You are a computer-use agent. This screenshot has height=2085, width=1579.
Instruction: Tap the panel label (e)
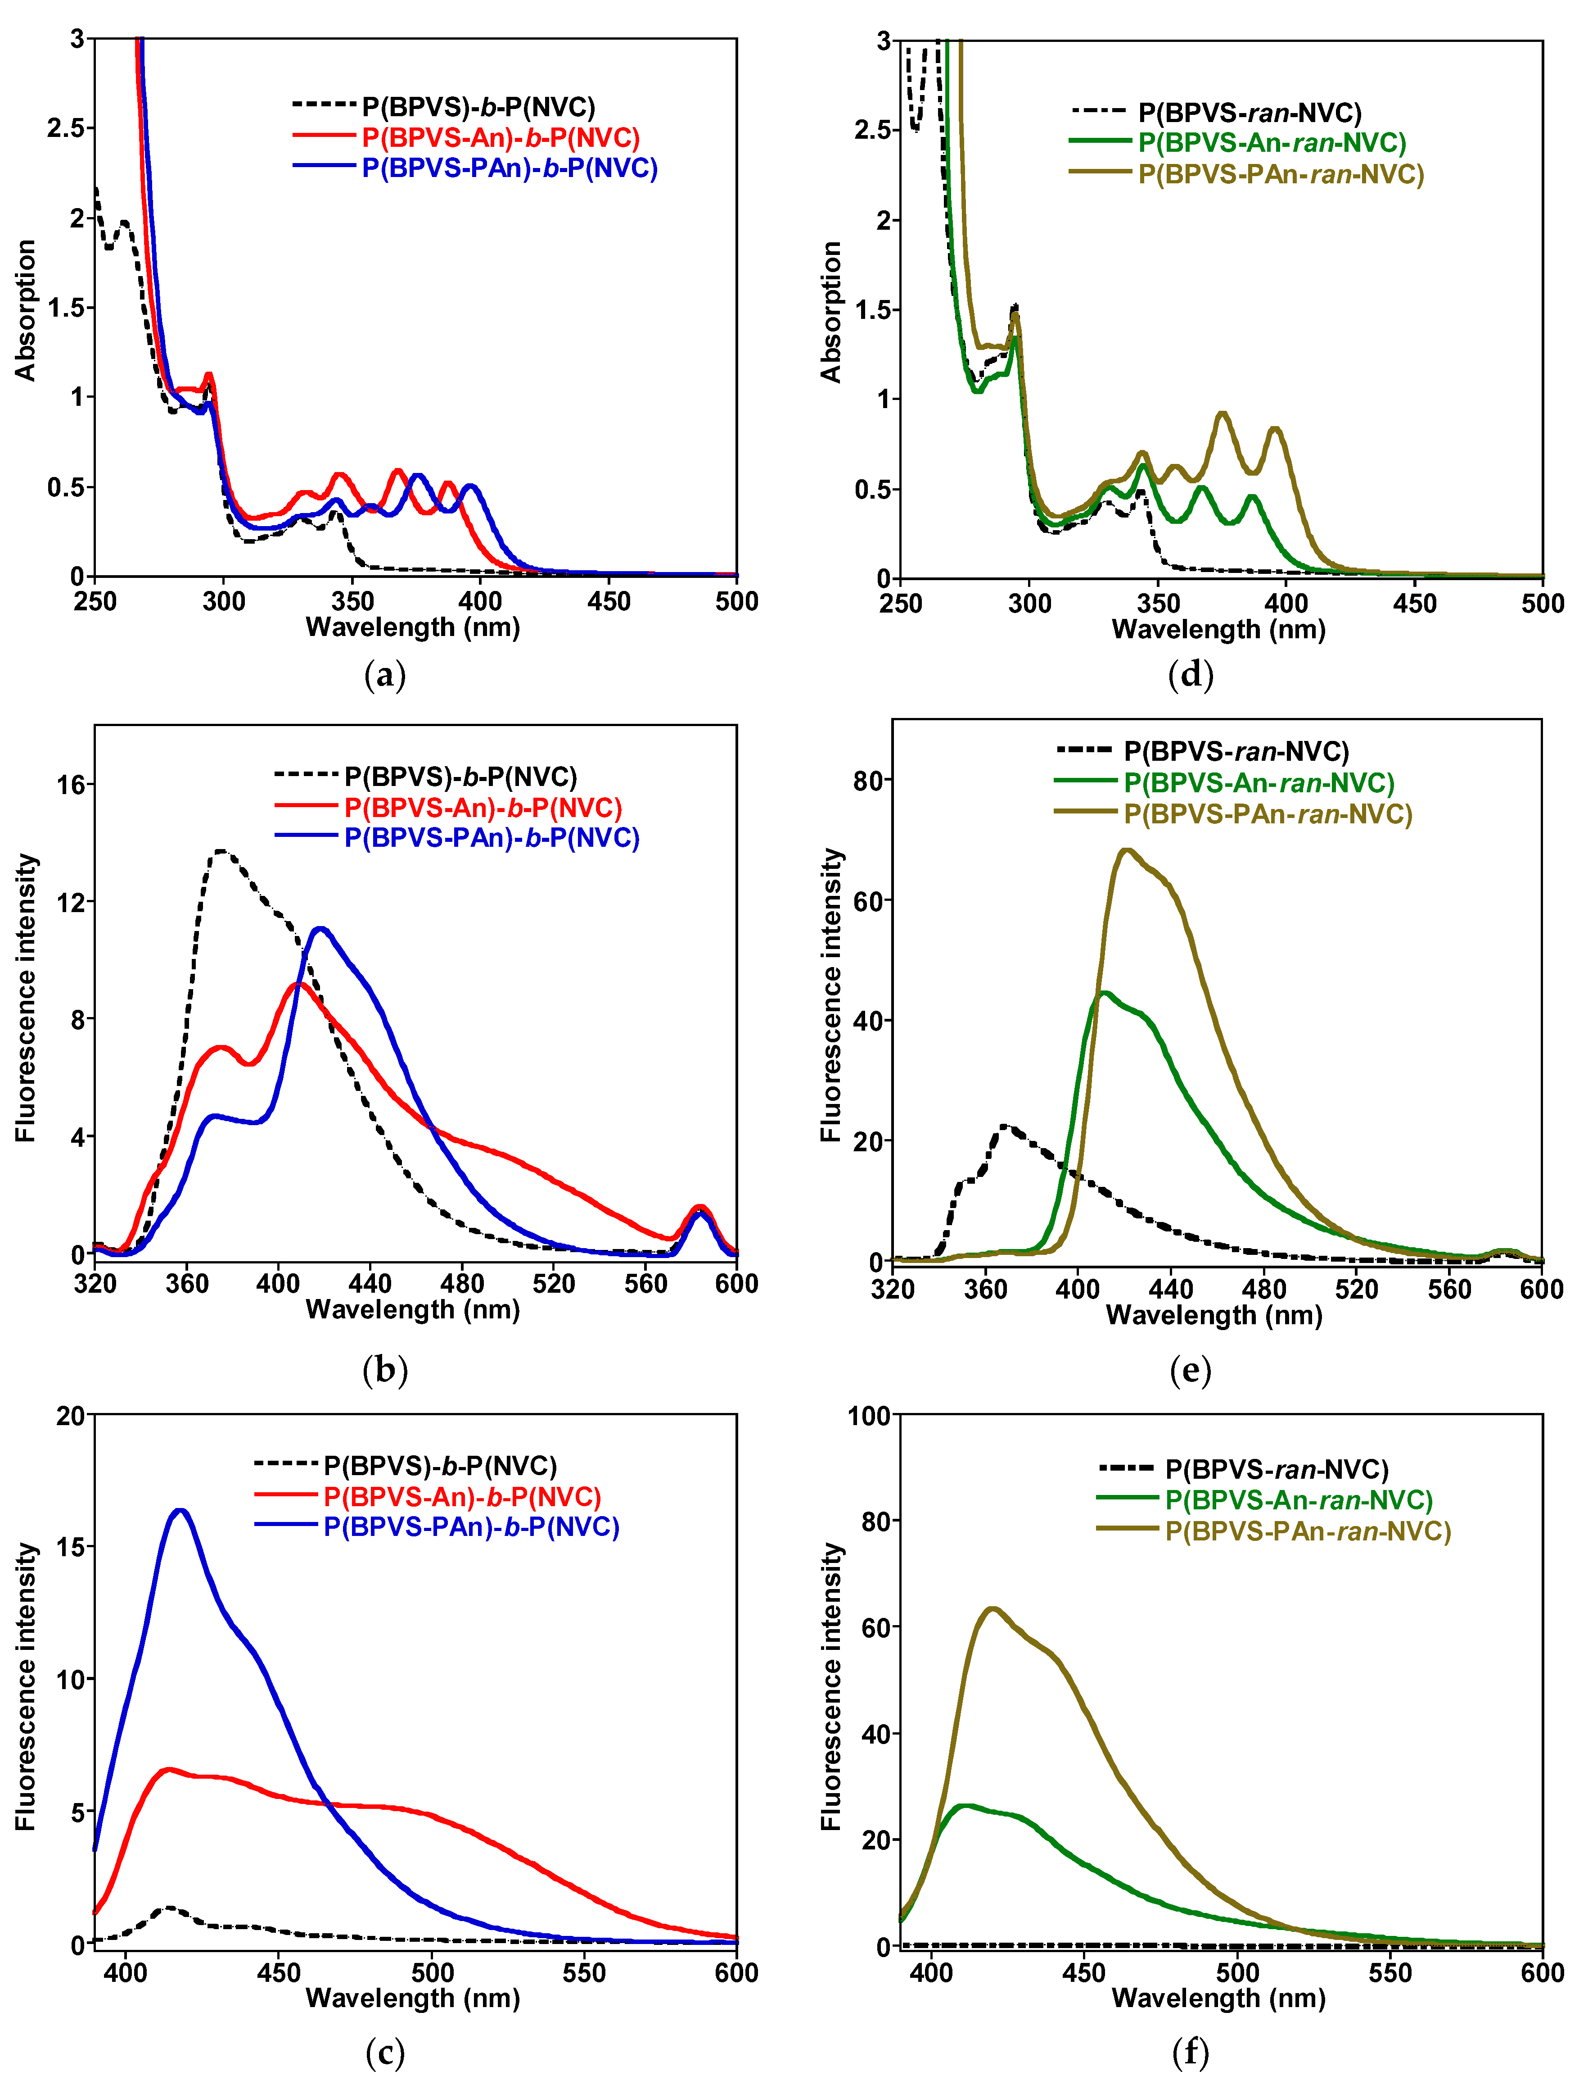(1190, 1370)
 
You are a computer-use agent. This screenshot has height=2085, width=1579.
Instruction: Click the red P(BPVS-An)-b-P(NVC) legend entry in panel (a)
(499, 138)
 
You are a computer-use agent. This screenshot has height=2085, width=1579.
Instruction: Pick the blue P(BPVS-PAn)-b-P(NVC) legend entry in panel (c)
(471, 1527)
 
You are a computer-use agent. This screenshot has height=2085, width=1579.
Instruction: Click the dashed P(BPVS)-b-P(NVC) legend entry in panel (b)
(460, 777)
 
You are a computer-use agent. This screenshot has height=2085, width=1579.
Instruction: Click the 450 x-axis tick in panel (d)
(1414, 603)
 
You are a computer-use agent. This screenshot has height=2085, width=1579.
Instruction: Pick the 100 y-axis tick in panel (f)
(869, 1416)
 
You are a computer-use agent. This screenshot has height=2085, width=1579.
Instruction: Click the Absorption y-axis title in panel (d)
(831, 311)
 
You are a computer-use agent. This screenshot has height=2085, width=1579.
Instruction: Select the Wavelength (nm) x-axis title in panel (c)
(413, 1997)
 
